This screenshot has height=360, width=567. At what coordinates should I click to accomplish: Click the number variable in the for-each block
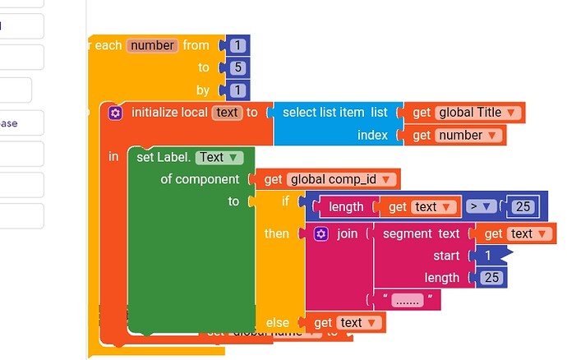click(x=152, y=45)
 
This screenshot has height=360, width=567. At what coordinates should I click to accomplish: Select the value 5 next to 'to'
click(x=237, y=67)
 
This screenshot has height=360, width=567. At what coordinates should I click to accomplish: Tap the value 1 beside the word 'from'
click(x=237, y=45)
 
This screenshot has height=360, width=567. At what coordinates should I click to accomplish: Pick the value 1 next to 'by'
click(x=237, y=90)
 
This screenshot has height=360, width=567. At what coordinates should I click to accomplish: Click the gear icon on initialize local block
click(x=116, y=113)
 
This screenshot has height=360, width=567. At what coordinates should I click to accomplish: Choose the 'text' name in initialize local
click(x=226, y=113)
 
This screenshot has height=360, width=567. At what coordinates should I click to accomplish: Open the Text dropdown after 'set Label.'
click(x=219, y=157)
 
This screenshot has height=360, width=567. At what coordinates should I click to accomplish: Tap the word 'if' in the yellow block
click(x=285, y=201)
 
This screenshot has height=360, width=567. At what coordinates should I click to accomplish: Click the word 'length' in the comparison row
click(x=346, y=207)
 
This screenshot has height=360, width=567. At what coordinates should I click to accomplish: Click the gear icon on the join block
click(x=321, y=234)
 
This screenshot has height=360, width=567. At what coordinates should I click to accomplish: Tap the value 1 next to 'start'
click(x=488, y=256)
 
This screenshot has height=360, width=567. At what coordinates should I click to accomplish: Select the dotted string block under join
click(x=405, y=300)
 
